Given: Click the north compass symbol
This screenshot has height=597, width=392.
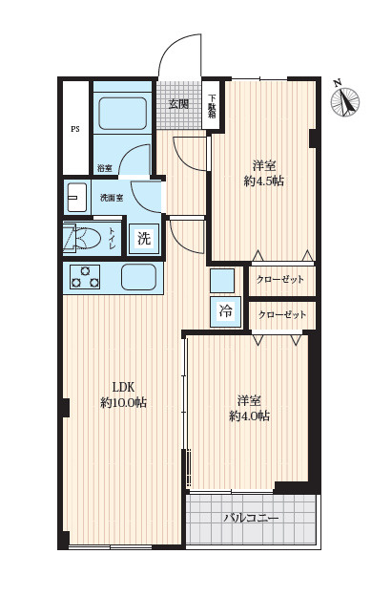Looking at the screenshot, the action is coord(345,100).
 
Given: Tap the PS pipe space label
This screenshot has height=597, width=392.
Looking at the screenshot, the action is coord(75,129).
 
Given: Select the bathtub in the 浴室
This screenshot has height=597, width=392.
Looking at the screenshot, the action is coord(123,113).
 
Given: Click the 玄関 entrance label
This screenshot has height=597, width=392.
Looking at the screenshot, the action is coord(178,103).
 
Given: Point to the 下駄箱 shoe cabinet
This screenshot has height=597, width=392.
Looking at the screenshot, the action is coord(212,105).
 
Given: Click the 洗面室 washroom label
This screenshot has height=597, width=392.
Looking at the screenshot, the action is coord(111,198).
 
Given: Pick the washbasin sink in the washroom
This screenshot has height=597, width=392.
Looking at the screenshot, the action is coord(77,198).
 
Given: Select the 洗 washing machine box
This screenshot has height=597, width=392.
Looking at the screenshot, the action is coord(144,239).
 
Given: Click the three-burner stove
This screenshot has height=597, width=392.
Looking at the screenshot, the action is coord(85,276).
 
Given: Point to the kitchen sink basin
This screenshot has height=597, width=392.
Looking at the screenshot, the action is coord(139,276).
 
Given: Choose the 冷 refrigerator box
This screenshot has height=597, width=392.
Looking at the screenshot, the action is coord(225,311).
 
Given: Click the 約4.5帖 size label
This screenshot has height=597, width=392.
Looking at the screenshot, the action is coord(264,181).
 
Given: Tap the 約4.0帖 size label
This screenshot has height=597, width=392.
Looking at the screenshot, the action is coord(249,416).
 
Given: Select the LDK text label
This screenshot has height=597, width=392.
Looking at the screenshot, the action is coord(124,387).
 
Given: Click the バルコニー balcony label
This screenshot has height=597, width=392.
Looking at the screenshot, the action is coord(252,518).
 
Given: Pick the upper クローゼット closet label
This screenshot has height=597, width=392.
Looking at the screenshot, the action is coord(280,280).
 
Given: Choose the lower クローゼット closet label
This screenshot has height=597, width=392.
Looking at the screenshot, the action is coord(282,315).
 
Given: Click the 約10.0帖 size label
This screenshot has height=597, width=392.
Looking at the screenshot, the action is coord(124,402).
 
